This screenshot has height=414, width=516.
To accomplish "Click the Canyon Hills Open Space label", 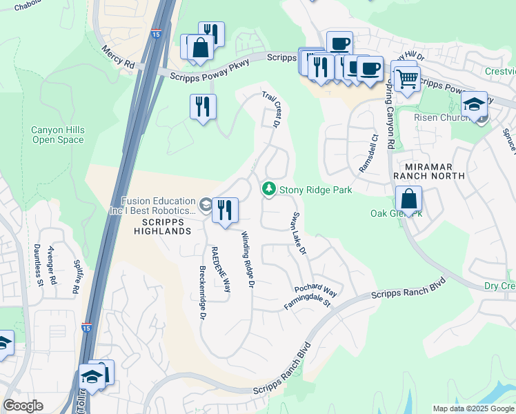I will pyautogui.click(x=57, y=135).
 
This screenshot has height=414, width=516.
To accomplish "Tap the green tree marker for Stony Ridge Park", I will pyautogui.click(x=268, y=188).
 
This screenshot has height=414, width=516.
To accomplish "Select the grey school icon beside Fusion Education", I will pyautogui.click(x=205, y=204).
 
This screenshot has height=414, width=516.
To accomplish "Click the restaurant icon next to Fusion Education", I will pyautogui.click(x=225, y=210).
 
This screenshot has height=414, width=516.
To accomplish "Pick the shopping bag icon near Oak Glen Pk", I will pyautogui.click(x=408, y=199).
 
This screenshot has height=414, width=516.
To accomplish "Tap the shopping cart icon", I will pyautogui.click(x=407, y=79).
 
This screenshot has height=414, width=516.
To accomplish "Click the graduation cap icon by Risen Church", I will pyautogui.click(x=474, y=104).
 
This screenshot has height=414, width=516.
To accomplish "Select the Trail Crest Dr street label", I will pyautogui.click(x=270, y=110).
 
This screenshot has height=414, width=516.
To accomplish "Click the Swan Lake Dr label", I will pyautogui.click(x=298, y=234).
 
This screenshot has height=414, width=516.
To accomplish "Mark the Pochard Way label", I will pyautogui.click(x=315, y=290).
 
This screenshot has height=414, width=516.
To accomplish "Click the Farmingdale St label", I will pyautogui.click(x=308, y=302).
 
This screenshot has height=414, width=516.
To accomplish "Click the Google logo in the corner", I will pyautogui.click(x=23, y=406).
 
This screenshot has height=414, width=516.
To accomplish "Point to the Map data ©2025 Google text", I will pyautogui.click(x=473, y=408).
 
